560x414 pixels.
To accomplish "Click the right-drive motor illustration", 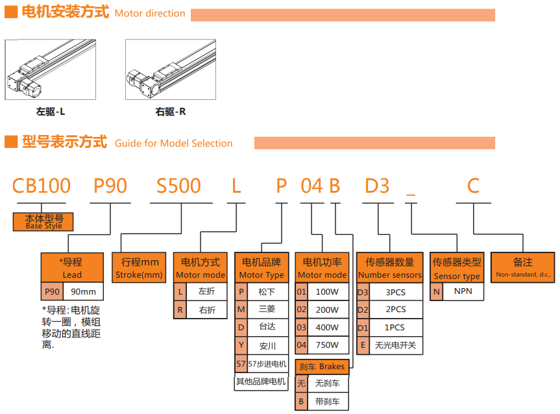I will (171, 69).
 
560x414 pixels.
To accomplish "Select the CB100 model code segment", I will (42, 186).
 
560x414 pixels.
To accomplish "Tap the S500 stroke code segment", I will (178, 186).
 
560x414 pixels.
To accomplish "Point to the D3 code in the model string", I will (377, 186).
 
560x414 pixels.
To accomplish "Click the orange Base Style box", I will (43, 222).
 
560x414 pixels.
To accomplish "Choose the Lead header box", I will (72, 267).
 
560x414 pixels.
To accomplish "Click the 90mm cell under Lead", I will (83, 291).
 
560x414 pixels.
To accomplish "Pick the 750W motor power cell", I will (327, 345).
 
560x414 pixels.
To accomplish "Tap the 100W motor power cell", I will (327, 292).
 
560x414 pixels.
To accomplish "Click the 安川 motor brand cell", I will (267, 345).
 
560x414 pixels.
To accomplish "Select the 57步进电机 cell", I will (267, 363).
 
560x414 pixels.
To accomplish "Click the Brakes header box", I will (323, 366).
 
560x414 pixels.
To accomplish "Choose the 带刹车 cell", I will (327, 402).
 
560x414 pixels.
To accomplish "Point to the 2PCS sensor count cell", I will (396, 310).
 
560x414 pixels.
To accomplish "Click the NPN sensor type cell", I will (463, 291).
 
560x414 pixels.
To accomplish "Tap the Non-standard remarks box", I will (523, 267).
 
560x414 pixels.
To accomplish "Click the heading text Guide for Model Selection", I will (173, 143).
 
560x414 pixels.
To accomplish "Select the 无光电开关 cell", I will (396, 345).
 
